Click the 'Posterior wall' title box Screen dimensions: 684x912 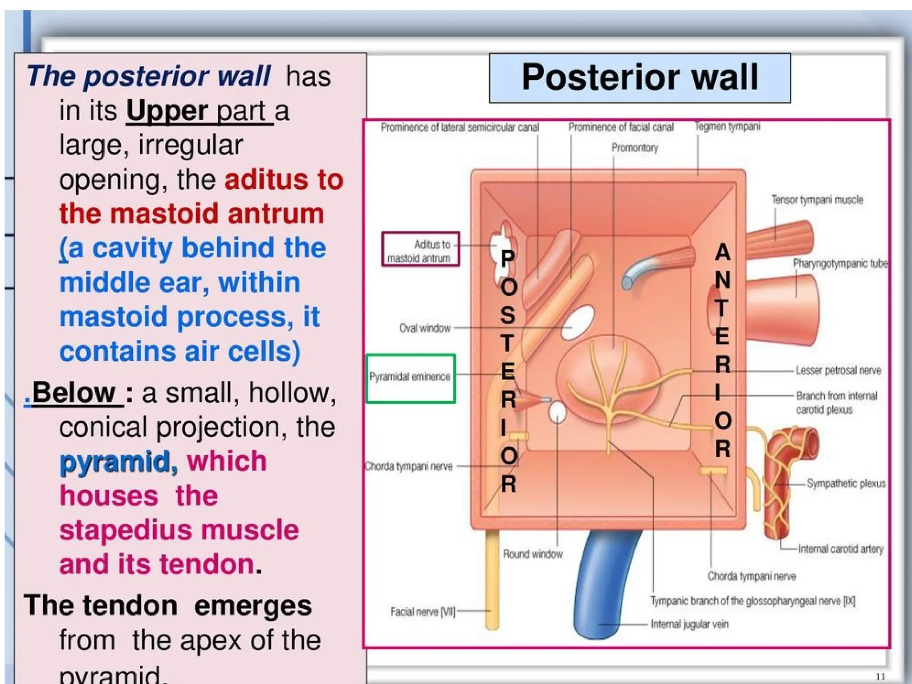[x=639, y=78]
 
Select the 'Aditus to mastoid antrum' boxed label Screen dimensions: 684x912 [x=420, y=250]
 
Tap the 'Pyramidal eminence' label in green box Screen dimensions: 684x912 [x=410, y=377]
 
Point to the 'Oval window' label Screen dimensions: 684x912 [x=425, y=328]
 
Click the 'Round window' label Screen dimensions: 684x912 [x=533, y=554]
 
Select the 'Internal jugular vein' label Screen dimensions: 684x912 [x=689, y=624]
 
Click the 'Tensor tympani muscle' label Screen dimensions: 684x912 [x=817, y=200]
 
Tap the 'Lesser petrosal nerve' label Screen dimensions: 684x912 [x=838, y=370]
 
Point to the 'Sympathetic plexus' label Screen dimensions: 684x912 [x=846, y=484]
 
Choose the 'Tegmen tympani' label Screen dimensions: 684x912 [x=728, y=127]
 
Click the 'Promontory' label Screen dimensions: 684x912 [x=635, y=148]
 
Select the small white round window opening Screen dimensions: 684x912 [x=557, y=412]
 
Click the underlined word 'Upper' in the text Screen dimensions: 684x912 [x=167, y=110]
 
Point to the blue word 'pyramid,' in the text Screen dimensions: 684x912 [x=118, y=461]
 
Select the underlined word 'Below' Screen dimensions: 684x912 [x=73, y=393]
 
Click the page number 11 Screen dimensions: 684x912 [x=880, y=676]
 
